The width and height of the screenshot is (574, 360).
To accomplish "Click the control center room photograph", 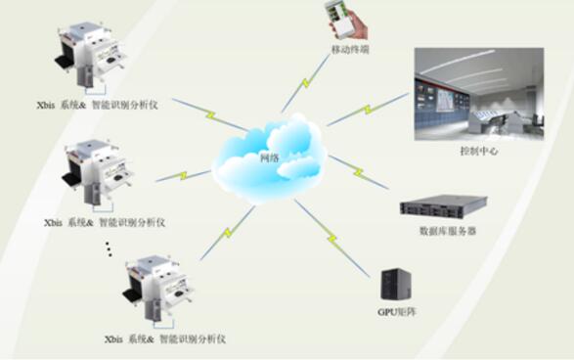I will pos(478,94).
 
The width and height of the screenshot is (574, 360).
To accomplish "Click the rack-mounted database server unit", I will pos(442,207).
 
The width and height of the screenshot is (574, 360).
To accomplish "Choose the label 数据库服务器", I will pos(448,232).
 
